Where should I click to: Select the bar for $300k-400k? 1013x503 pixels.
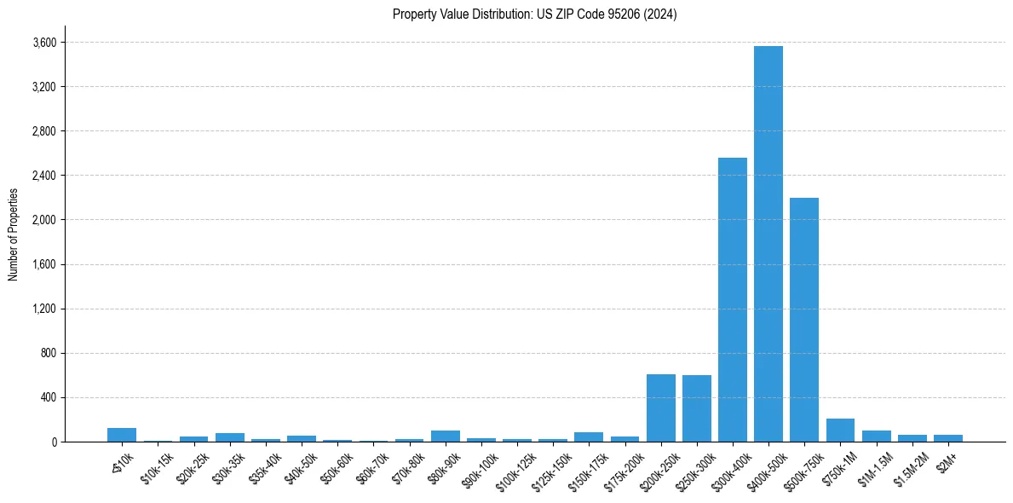coord(732,299)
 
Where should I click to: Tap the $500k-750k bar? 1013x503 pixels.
coord(803,320)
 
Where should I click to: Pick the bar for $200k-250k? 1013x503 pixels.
coord(660,408)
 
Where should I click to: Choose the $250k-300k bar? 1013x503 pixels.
coord(696,408)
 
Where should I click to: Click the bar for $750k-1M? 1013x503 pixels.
coord(840,431)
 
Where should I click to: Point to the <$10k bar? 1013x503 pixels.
coord(122,435)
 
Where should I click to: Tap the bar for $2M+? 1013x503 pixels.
coord(947,438)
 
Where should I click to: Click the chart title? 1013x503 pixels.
coord(535,14)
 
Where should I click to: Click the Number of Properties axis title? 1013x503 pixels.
coord(14,234)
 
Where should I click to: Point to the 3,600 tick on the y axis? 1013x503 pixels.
coord(44,43)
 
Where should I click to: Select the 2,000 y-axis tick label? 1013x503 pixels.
coord(44,220)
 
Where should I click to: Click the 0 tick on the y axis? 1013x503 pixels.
coord(54,442)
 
